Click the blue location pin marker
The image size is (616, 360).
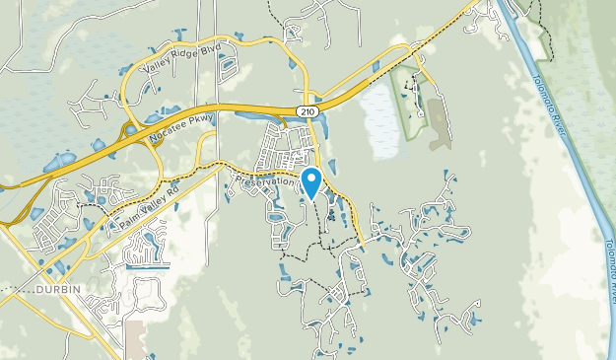pos(311,182)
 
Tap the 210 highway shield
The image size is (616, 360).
pos(308,111)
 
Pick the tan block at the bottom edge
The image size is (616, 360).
pos(135,340)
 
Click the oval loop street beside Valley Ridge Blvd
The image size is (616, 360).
pos(229,67)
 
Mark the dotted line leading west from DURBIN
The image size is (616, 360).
pos(15,291)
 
